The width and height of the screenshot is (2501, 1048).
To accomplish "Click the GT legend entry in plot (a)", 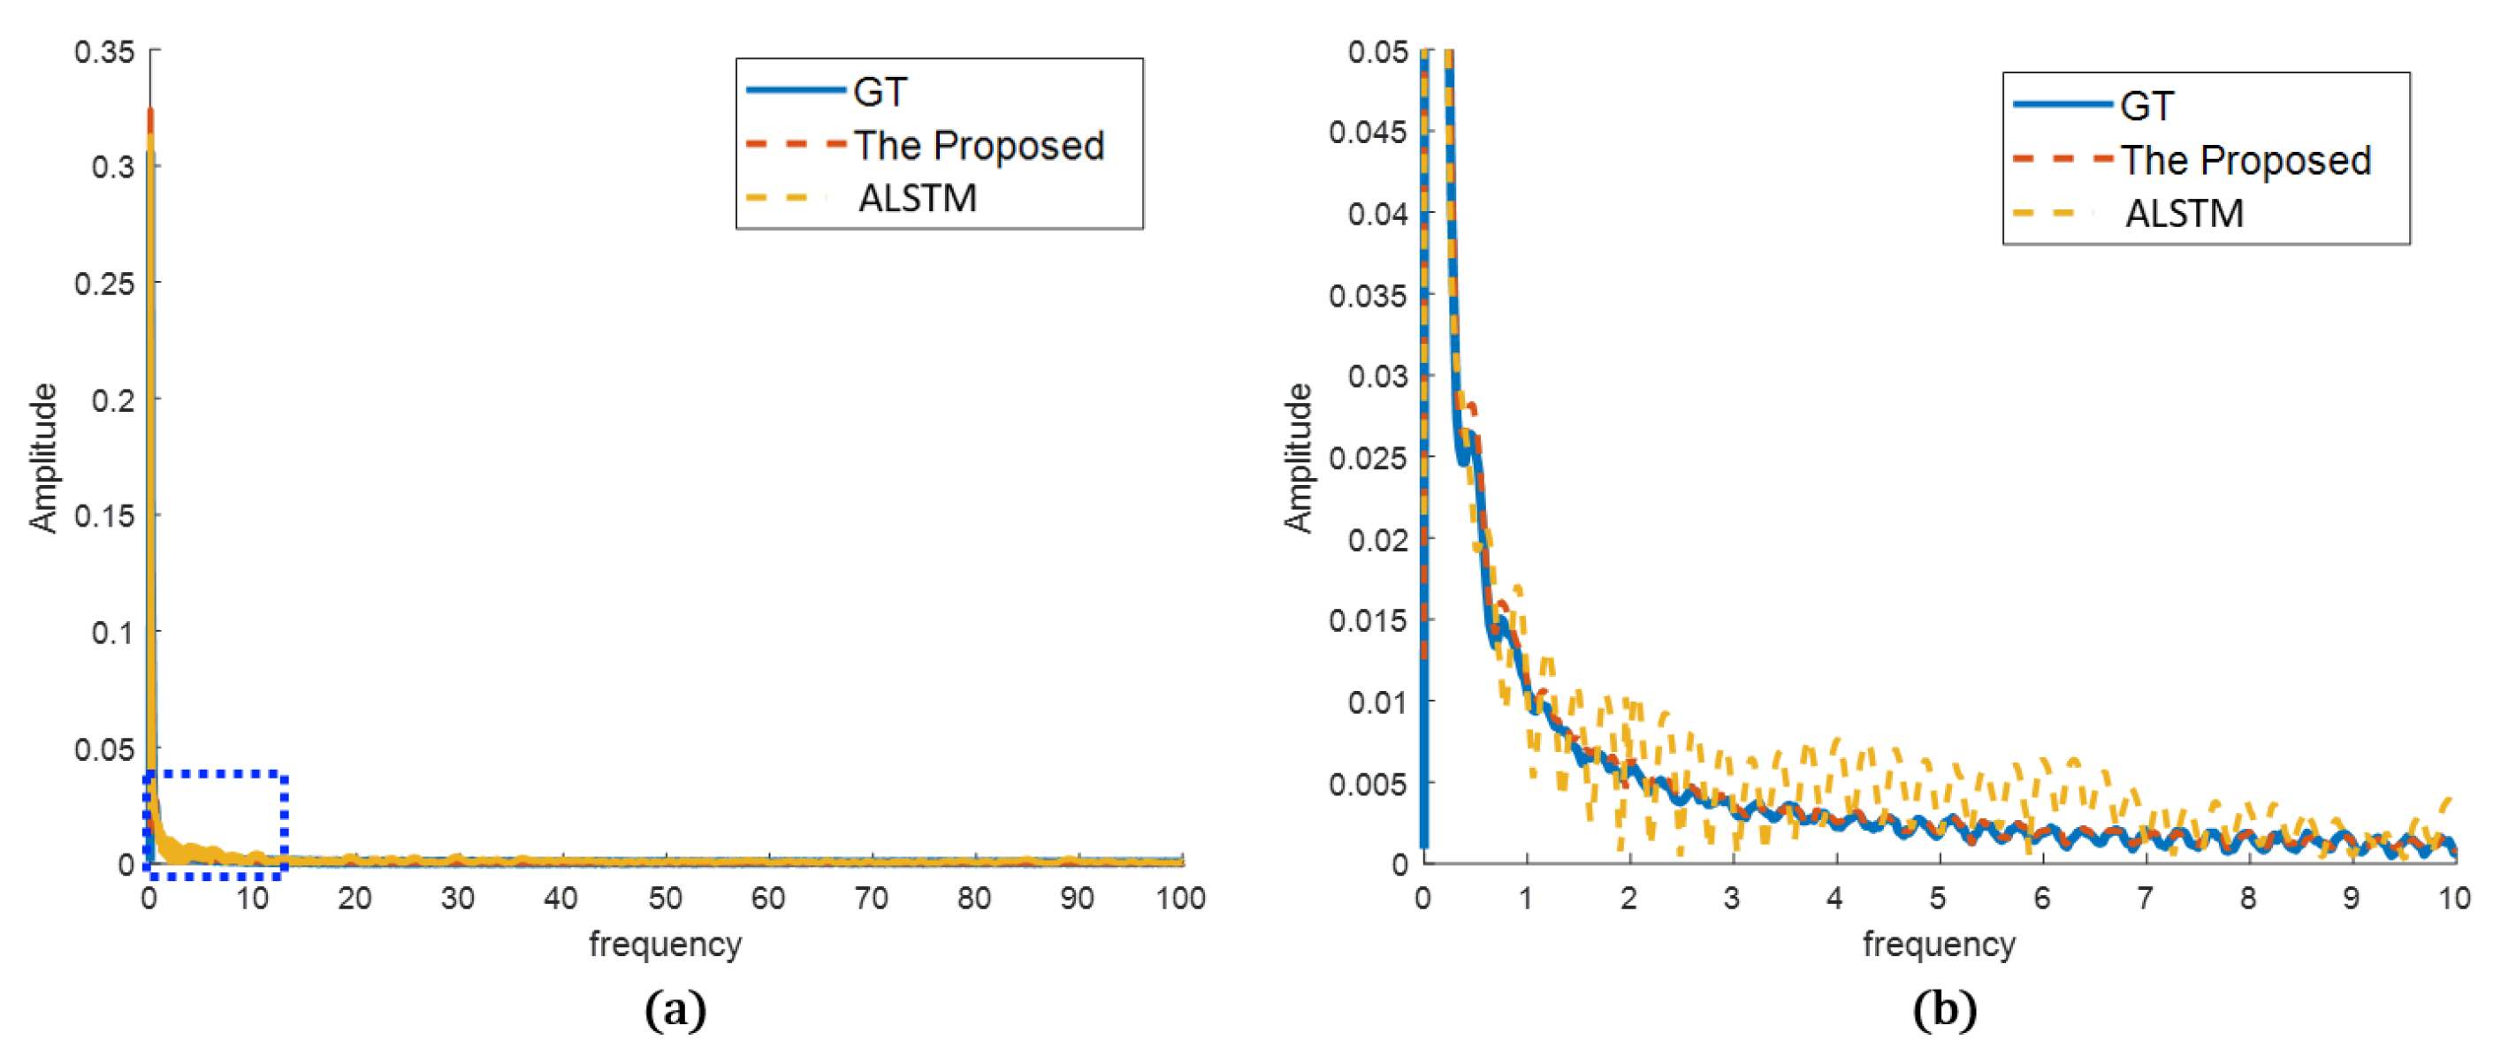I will [880, 92].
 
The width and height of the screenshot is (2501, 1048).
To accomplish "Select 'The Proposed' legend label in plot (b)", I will [2245, 160].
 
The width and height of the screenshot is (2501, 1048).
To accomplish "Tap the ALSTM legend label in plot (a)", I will [918, 198].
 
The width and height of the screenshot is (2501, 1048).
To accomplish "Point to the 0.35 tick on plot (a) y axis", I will [105, 51].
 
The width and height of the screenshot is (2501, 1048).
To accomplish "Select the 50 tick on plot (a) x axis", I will [665, 899].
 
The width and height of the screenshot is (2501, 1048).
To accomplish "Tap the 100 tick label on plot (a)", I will [1180, 899].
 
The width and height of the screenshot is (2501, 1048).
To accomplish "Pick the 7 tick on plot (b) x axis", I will [2146, 899].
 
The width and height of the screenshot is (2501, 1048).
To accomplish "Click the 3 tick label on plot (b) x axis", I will [1732, 899].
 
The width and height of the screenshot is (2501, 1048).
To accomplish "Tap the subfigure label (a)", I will [675, 1011].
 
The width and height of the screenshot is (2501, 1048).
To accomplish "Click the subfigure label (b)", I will [1944, 1011].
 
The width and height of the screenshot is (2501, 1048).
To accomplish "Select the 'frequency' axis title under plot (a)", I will [665, 944].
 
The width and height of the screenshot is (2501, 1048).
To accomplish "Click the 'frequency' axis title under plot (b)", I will [1939, 944].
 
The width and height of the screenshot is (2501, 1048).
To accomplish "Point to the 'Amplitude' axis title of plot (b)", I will [1298, 458].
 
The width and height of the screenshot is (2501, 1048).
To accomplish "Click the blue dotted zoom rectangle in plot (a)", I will [284, 824].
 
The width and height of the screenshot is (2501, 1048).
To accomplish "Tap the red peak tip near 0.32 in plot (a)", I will [150, 111].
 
